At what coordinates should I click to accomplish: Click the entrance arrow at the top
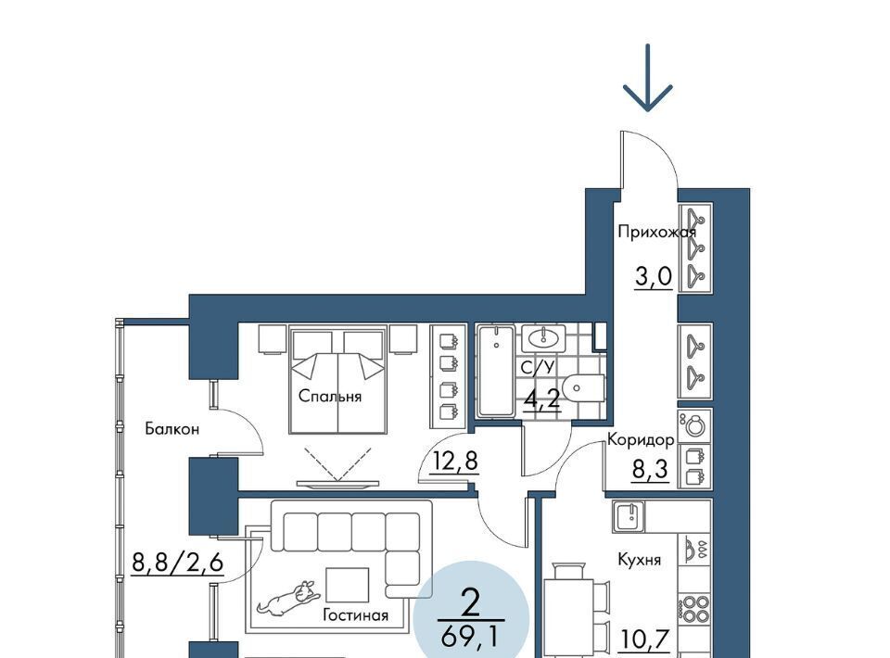click(x=647, y=78)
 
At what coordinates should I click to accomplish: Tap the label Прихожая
click(x=656, y=232)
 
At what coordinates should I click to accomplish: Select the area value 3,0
click(x=654, y=277)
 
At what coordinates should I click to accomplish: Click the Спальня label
click(x=330, y=396)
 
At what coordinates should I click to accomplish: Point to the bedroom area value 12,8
click(x=454, y=461)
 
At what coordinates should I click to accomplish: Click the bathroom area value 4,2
click(x=541, y=399)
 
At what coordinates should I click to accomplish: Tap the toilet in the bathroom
click(x=586, y=388)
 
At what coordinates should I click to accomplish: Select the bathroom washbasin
click(x=543, y=338)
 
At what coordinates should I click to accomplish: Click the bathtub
click(x=495, y=371)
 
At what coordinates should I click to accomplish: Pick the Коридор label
click(x=641, y=439)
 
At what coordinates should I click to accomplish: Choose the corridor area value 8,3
click(x=651, y=470)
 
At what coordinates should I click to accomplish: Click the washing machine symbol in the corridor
click(x=694, y=424)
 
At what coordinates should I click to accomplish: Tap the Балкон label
click(x=172, y=429)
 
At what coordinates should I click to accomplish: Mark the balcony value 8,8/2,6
click(x=177, y=563)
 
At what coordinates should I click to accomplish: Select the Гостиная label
click(x=355, y=615)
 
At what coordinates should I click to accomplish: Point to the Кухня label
click(x=639, y=560)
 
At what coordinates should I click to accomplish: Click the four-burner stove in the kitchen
click(x=694, y=608)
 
